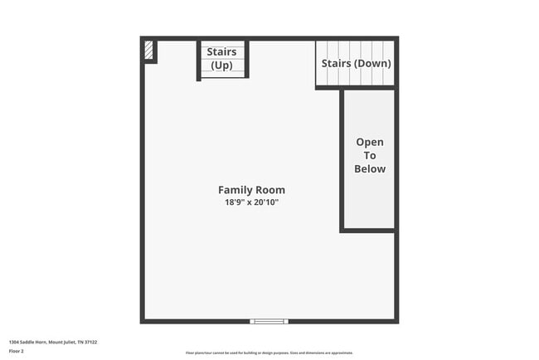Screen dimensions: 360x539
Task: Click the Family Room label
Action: click(x=251, y=190)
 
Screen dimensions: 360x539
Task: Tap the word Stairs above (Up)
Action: click(x=221, y=52)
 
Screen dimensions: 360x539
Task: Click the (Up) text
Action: click(x=221, y=65)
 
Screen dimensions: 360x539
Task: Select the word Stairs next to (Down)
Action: click(x=336, y=63)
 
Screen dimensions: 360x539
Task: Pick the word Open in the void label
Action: click(x=370, y=142)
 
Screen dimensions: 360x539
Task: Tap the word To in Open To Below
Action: click(x=370, y=155)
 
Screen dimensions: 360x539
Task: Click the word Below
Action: click(x=370, y=168)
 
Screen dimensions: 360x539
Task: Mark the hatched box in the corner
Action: click(x=148, y=50)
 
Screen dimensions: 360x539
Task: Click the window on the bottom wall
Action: click(x=269, y=321)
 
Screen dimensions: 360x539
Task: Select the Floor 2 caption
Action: click(x=17, y=351)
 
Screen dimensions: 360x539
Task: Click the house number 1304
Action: click(x=14, y=341)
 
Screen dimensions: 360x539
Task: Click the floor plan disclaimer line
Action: click(x=269, y=353)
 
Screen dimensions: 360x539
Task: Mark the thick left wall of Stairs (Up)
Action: click(x=199, y=60)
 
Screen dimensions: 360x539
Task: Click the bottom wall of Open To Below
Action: click(x=367, y=230)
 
